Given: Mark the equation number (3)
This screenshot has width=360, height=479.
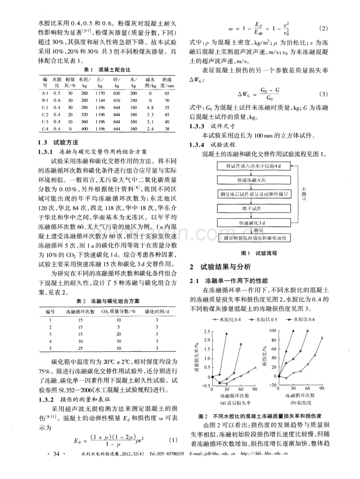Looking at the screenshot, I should coord(323,94).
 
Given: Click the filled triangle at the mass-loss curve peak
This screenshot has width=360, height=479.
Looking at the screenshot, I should coord(226,334).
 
